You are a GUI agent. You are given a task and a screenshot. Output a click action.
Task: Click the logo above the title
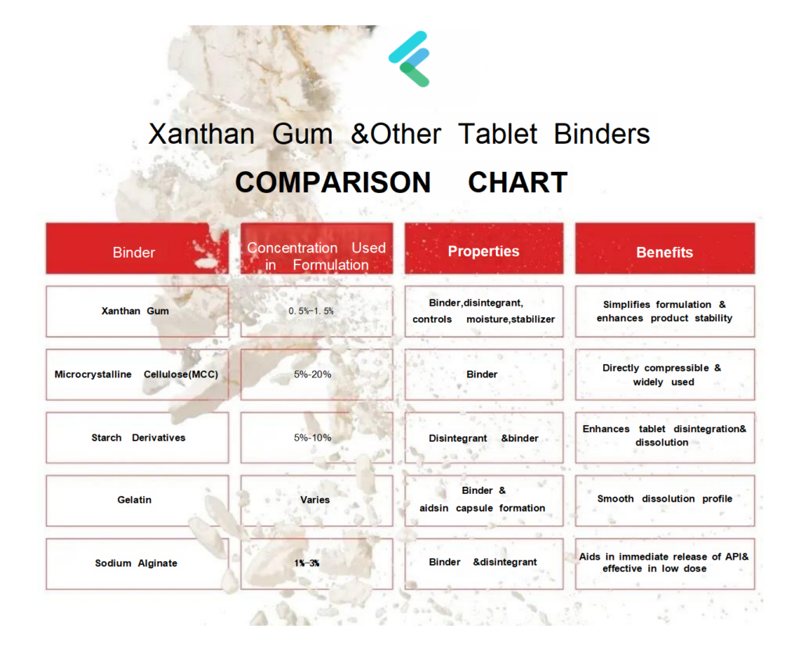point(409,59)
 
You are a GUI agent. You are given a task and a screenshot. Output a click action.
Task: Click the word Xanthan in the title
point(201,134)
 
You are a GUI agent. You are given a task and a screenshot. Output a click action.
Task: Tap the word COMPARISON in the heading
point(333,182)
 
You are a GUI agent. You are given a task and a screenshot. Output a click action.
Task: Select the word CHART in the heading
point(518,182)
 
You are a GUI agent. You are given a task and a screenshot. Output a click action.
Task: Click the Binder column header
point(137,249)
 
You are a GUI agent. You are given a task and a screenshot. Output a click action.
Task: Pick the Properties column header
point(483,249)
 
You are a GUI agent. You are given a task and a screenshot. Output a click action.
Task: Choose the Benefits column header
point(665,249)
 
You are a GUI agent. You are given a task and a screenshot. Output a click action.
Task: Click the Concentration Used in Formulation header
point(317,249)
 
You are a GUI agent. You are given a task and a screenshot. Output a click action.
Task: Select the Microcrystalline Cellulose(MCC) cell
point(137,374)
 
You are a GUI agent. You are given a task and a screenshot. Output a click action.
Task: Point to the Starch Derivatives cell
point(137,438)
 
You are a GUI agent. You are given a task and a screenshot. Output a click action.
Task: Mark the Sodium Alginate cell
point(137,563)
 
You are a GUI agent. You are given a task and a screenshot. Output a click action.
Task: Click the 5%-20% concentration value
point(313,374)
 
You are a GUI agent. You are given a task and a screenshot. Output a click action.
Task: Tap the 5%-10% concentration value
point(313,438)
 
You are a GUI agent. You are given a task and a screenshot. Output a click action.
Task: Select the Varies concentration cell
point(317,500)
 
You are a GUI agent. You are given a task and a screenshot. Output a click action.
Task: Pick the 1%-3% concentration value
point(307,563)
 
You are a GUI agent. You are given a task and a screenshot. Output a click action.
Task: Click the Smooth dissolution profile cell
point(665,500)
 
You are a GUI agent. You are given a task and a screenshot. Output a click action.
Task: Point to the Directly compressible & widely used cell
point(665,374)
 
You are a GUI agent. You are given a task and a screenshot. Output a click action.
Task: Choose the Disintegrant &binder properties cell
point(483,438)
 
